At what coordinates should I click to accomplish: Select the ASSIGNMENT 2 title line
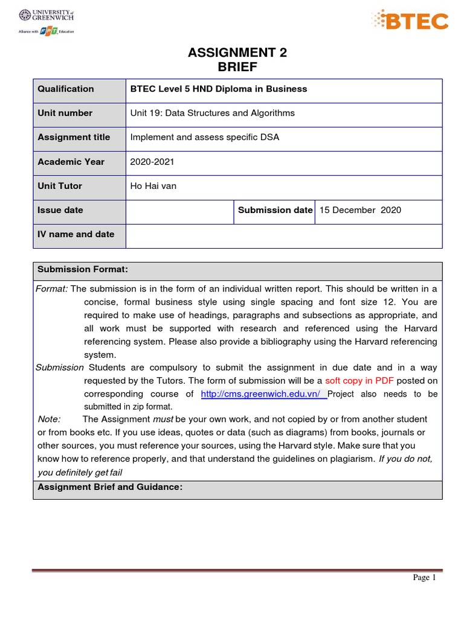tap(237, 53)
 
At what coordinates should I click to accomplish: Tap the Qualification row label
tap(66, 89)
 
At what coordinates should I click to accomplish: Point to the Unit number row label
tap(65, 113)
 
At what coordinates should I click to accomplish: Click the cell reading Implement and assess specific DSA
tap(205, 137)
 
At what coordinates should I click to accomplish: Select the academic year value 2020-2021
tap(151, 162)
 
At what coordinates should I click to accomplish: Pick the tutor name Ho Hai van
tap(153, 186)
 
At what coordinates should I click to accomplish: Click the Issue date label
tap(60, 210)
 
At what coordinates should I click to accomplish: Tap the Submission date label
tap(275, 210)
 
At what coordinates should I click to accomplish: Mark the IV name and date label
tap(76, 234)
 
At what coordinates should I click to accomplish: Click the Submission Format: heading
tap(83, 269)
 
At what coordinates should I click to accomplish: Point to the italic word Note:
tap(49, 419)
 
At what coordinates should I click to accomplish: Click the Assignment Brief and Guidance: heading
tap(110, 487)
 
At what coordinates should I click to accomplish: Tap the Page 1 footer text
tap(424, 578)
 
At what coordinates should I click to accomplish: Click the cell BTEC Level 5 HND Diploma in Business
tap(219, 89)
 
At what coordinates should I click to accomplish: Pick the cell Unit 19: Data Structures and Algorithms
tap(213, 113)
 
